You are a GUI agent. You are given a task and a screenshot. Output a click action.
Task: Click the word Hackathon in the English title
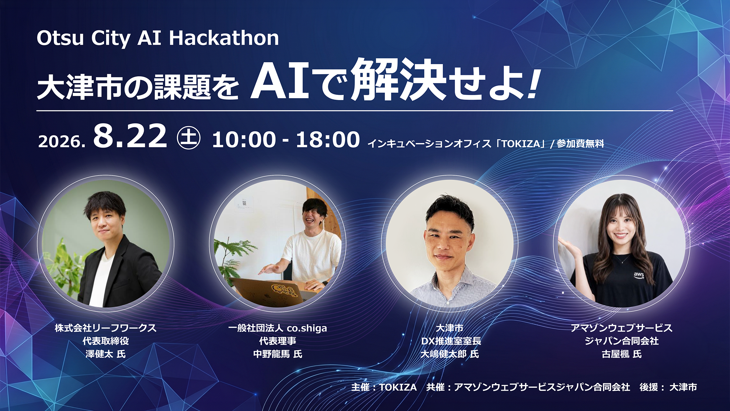[224, 38]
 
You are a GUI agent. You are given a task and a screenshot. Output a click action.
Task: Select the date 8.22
[130, 136]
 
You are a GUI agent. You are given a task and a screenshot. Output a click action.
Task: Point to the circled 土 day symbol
[189, 138]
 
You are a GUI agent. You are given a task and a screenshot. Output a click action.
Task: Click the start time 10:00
[244, 140]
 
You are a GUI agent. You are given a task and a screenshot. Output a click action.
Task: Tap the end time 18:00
[328, 140]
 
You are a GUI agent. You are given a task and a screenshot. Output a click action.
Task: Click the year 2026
[62, 142]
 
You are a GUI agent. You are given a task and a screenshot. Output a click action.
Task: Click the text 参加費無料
[580, 144]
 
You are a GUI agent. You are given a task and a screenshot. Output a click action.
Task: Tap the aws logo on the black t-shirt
[639, 275]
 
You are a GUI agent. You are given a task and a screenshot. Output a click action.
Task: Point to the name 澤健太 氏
[105, 354]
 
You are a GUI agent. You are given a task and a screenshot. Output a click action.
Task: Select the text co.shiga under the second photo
[307, 328]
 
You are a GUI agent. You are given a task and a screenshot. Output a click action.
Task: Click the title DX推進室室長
[451, 341]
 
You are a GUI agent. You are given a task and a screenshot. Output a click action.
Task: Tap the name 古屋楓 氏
[622, 354]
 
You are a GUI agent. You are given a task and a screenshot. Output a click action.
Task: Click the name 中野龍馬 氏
[278, 354]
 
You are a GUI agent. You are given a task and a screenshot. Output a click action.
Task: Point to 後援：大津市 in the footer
[668, 387]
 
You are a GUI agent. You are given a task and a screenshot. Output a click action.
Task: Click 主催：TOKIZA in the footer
[384, 387]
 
